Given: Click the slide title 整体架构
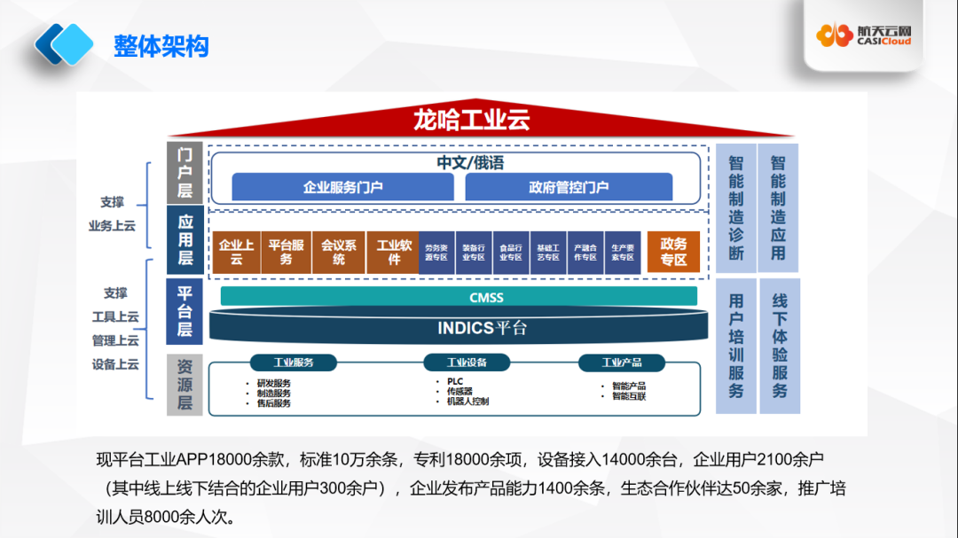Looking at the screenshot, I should (161, 45).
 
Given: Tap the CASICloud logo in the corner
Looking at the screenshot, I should (865, 35).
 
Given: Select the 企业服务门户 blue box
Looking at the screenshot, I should (342, 187).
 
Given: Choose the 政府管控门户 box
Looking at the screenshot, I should (569, 187).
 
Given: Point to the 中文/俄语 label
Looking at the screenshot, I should (470, 163).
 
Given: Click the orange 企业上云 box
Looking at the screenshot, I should (236, 252).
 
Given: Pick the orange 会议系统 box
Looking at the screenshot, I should (339, 252).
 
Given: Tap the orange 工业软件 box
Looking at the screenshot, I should (394, 252).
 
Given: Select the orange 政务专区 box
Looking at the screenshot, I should (673, 252).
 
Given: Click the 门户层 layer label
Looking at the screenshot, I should (185, 172).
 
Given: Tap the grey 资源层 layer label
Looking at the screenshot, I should (185, 384).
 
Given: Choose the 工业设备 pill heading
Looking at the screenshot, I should (467, 363).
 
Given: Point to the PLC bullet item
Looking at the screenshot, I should (455, 381).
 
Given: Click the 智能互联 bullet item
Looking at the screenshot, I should (628, 396).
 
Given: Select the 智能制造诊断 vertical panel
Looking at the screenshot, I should (736, 207).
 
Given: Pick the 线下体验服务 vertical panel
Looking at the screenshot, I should (780, 346).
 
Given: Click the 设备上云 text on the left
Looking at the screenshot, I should (115, 364).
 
